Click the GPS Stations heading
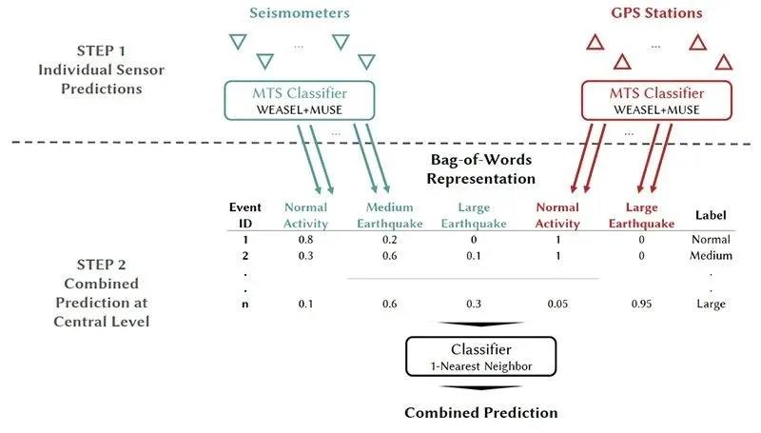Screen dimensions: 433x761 [654, 13]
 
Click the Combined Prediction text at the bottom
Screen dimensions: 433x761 [480, 412]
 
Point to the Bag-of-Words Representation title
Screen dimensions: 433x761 [480, 169]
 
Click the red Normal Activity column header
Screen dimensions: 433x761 [557, 215]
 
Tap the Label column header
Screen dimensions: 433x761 [711, 215]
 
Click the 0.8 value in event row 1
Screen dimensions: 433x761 [305, 240]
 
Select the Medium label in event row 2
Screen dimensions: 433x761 [711, 255]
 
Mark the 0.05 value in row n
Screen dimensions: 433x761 [557, 304]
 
